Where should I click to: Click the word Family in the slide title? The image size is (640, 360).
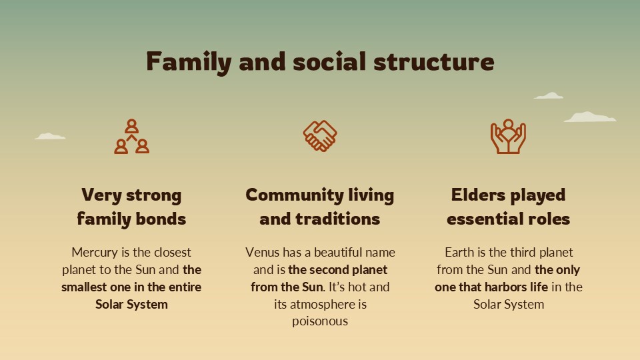coord(189,62)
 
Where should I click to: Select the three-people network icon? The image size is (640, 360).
coord(131,137)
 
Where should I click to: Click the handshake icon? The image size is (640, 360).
coord(320,136)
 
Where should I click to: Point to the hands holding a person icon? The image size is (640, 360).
coord(508,137)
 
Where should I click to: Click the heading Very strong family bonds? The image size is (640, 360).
coord(131,207)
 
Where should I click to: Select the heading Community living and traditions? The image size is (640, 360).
coord(320,207)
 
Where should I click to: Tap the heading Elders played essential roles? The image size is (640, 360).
coord(508,207)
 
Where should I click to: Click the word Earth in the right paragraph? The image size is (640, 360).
coord(460,253)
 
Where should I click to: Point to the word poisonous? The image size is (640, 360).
coord(320,321)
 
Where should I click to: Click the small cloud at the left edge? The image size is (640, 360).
coord(50,137)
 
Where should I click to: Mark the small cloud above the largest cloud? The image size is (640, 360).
coord(549,96)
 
